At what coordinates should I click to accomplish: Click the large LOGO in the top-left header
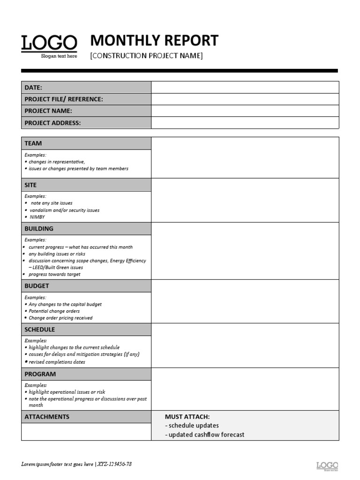[49, 44]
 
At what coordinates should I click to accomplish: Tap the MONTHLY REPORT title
[154, 40]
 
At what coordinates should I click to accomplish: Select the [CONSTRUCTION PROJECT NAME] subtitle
[146, 56]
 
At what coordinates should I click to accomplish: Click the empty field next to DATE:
[245, 87]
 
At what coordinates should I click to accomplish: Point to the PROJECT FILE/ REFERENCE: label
[64, 99]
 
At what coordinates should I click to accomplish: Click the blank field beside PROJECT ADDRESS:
[245, 123]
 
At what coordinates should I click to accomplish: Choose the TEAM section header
[33, 143]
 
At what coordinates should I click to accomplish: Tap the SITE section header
[30, 185]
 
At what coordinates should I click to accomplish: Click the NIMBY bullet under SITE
[37, 217]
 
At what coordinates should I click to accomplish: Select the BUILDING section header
[39, 229]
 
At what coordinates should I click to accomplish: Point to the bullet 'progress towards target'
[54, 274]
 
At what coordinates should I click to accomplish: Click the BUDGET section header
[37, 286]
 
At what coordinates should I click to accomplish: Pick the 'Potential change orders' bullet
[54, 311]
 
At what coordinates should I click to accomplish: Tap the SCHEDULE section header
[40, 330]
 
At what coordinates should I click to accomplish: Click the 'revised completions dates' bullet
[57, 362]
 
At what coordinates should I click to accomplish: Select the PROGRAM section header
[40, 374]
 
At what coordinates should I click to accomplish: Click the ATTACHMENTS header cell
[47, 417]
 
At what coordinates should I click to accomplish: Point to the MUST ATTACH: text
[187, 417]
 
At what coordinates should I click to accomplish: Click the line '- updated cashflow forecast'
[205, 435]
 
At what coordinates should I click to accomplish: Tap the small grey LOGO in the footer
[327, 465]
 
